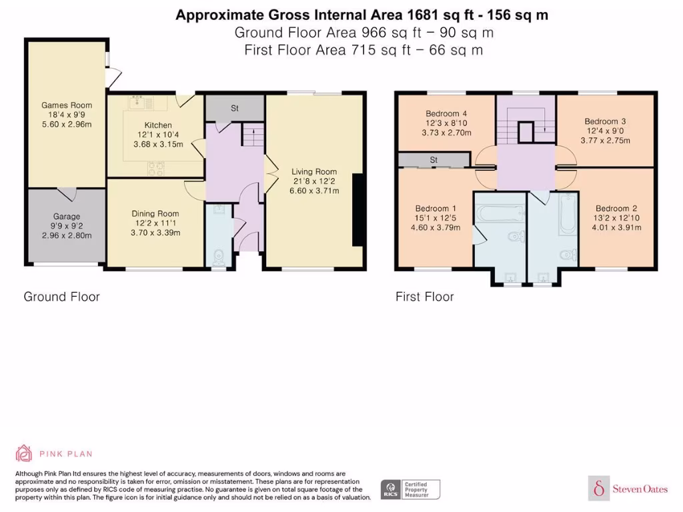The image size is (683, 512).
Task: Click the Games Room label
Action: point(67,105)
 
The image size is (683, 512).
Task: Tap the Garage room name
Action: point(67,217)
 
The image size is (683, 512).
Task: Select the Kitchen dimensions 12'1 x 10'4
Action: point(158,135)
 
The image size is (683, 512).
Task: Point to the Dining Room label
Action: point(155,213)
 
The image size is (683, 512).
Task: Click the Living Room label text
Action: point(314,171)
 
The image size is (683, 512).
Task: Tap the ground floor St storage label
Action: point(235,108)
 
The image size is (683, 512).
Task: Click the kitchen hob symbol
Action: point(156,168)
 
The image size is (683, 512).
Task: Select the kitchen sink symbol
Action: point(141,103)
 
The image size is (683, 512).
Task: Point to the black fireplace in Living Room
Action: point(358,210)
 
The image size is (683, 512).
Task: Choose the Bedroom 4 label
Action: point(446,113)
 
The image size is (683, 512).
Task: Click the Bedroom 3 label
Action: point(605,121)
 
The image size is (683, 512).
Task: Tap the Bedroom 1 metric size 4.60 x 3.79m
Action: point(436,227)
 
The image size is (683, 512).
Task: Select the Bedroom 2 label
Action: point(616,208)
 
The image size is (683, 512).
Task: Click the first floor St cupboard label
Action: point(434,160)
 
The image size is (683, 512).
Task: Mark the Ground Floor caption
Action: point(62,297)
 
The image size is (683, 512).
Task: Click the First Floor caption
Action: point(425,297)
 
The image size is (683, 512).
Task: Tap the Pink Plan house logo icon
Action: point(24,453)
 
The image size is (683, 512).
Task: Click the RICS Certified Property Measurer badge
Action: point(410,489)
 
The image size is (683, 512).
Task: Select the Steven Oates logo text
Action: point(640,489)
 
